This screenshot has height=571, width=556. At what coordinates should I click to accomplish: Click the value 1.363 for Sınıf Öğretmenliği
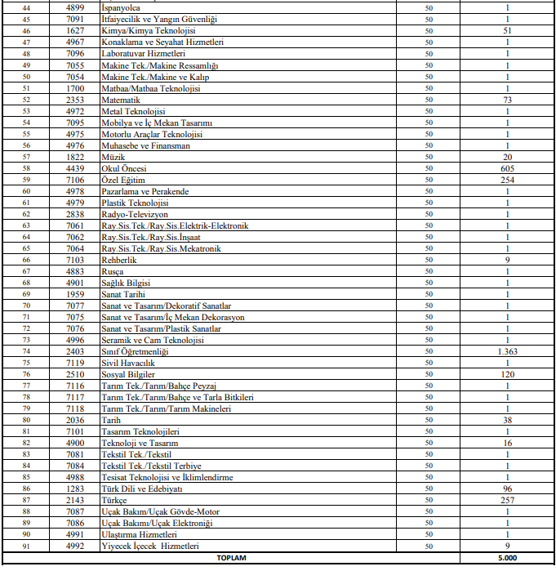[x=507, y=351]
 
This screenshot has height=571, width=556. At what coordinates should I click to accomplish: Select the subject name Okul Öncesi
[x=121, y=168]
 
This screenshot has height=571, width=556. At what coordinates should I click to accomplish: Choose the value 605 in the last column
[x=507, y=168]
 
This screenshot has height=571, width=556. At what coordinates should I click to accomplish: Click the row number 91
[x=27, y=546]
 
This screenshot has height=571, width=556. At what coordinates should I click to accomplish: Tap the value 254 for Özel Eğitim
[x=507, y=180]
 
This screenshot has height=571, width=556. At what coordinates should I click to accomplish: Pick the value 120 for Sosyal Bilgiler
[x=507, y=374]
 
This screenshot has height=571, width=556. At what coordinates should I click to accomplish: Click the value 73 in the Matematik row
[x=507, y=99]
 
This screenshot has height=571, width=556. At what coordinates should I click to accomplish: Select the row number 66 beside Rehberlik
[x=27, y=260]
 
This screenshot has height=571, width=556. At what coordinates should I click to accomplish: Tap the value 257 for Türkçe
[x=507, y=500]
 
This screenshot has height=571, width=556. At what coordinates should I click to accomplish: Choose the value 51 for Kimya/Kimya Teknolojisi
[x=507, y=30]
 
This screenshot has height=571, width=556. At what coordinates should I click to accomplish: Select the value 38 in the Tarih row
[x=507, y=420]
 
